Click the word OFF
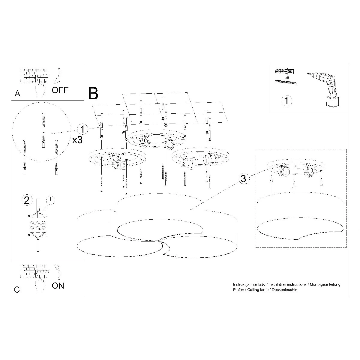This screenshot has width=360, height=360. (x=60, y=90)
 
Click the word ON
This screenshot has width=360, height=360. (x=58, y=286)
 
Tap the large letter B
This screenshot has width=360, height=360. (x=93, y=93)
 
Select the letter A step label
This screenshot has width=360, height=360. (x=17, y=94)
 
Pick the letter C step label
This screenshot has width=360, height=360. (x=17, y=290)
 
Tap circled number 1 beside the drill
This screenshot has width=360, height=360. (x=286, y=101)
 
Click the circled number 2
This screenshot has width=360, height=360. (x=27, y=200)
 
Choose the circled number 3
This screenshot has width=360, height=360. (x=243, y=178)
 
